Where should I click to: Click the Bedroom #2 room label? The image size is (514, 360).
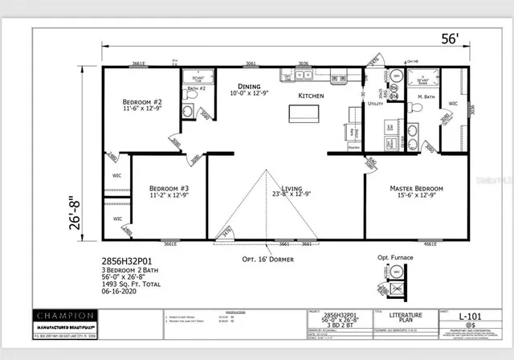[142, 103]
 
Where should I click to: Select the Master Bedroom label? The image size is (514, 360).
[416, 190]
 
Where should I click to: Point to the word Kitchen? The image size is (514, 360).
[311, 96]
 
